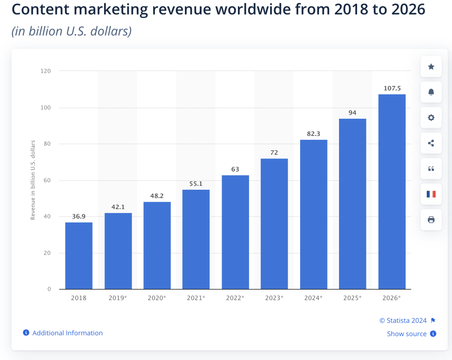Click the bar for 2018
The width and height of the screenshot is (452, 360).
[x=79, y=256]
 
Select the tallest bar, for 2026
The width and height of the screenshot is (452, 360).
[x=392, y=192]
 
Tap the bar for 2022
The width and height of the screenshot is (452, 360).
[x=235, y=232]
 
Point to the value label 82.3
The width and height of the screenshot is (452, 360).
[x=313, y=133]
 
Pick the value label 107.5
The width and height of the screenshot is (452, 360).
[x=392, y=88]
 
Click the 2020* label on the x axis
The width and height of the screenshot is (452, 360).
[x=157, y=298]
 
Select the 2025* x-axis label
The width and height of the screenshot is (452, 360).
[x=352, y=298]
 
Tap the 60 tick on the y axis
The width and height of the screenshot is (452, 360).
[x=46, y=180]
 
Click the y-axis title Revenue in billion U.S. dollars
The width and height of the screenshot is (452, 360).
[x=33, y=180]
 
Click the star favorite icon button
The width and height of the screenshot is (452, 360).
[x=431, y=67]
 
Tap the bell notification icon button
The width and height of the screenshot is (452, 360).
[x=431, y=92]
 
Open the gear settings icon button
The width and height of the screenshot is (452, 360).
[x=431, y=117]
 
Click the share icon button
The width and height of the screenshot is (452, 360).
[x=431, y=143]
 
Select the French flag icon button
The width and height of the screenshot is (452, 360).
[x=431, y=194]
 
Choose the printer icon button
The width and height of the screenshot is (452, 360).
[x=431, y=220]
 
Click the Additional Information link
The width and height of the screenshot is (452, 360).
[x=67, y=333]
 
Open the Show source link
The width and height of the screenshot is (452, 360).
[x=407, y=334]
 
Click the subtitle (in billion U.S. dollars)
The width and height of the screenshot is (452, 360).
[x=72, y=32]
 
